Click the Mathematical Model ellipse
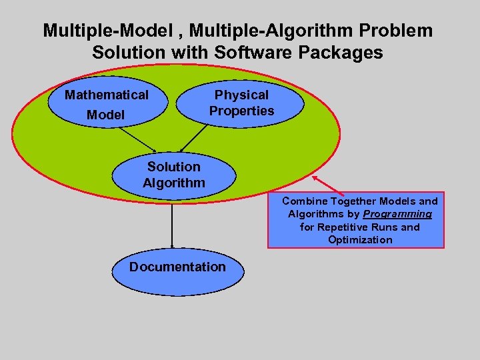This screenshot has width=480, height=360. coord(107,105)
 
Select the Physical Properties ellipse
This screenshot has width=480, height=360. coord(241,103)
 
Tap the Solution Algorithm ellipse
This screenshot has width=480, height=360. coord(173,175)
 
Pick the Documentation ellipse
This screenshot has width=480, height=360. coord(177,267)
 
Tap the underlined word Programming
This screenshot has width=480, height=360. coord(397,214)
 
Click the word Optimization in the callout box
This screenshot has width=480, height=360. coord(360,239)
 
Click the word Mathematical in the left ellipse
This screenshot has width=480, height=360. coord(107,95)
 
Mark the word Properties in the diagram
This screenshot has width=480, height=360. coord(241,111)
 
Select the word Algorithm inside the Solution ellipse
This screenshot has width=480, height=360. coord(173,182)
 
